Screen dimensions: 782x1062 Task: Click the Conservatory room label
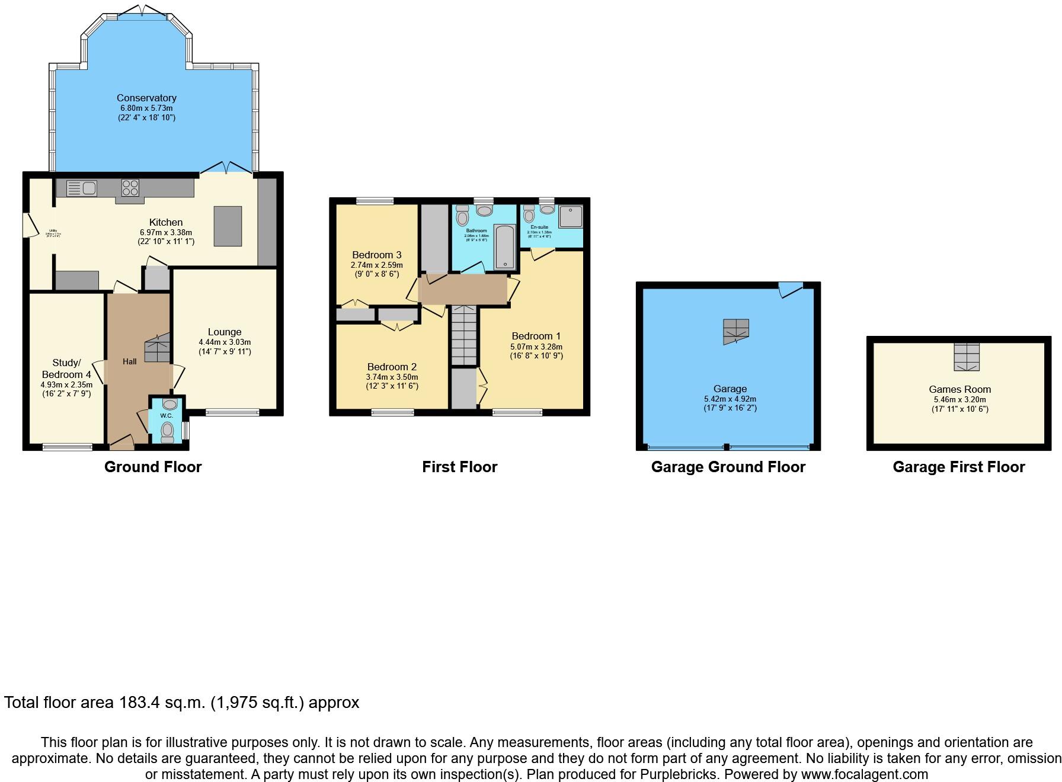click(146, 98)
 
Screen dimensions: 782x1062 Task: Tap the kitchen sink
click(82, 188)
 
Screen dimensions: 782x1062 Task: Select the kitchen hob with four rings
click(130, 188)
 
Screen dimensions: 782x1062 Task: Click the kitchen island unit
click(228, 226)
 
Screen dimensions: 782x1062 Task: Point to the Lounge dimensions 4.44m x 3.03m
click(225, 342)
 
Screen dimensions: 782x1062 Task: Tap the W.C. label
click(167, 416)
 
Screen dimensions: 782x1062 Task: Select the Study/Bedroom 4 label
click(66, 368)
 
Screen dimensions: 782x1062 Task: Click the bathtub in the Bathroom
click(505, 246)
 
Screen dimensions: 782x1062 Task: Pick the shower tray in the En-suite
click(570, 217)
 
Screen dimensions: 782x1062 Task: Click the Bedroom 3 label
click(376, 255)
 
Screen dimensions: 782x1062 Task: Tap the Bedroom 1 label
click(536, 336)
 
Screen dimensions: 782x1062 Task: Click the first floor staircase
click(464, 336)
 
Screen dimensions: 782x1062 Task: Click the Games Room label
click(959, 389)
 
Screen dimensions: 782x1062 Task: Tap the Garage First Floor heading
click(958, 467)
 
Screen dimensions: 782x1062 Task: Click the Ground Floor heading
click(153, 467)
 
